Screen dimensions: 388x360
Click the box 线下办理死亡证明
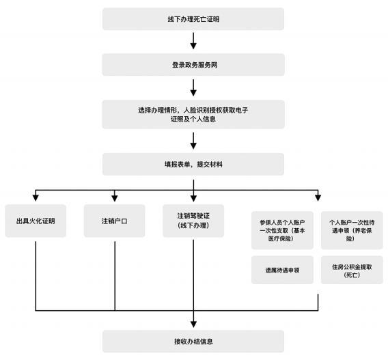[193, 19]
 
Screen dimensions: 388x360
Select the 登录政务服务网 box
[193, 65]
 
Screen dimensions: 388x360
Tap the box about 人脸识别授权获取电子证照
[193, 114]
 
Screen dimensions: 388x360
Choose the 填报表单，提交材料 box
[193, 165]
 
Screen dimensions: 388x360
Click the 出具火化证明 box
[36, 221]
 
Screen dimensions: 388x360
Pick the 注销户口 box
[114, 221]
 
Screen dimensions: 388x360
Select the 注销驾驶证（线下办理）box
[193, 221]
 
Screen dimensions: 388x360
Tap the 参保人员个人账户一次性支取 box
[282, 230]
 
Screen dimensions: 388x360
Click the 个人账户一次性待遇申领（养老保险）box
[352, 230]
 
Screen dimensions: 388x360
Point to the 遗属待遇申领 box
[282, 270]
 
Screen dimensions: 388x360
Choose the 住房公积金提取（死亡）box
[352, 270]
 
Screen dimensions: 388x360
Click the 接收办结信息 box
[193, 342]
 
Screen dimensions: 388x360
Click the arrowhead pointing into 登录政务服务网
[193, 46]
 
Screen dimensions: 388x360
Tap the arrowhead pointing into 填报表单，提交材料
[193, 146]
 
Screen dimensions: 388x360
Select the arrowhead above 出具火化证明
[36, 197]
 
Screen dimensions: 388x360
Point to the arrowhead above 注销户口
[115, 198]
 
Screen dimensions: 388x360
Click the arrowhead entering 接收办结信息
[193, 324]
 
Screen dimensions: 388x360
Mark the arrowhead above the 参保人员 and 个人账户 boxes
[318, 197]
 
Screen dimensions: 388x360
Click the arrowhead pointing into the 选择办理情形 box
[193, 93]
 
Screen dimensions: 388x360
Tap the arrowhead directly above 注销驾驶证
[193, 198]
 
